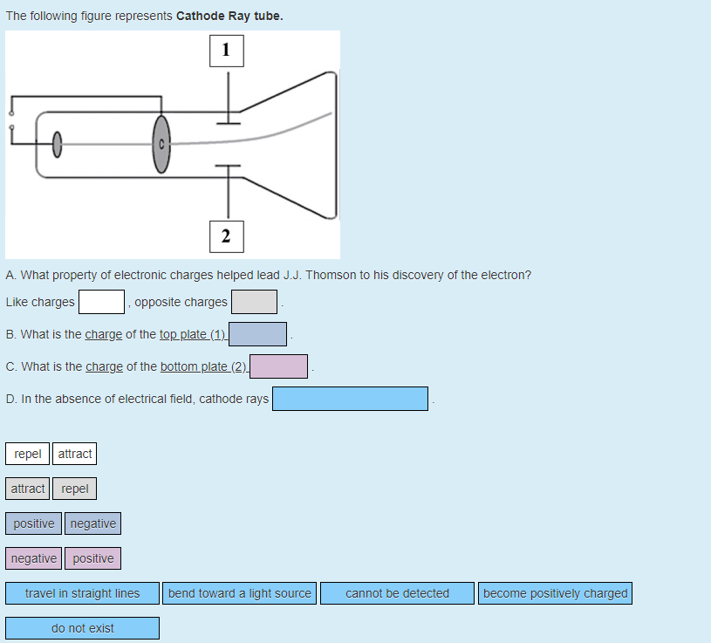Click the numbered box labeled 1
227,51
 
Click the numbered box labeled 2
227,235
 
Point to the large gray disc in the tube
161,144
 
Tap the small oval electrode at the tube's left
58,144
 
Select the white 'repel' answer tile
28,454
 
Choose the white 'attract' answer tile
75,454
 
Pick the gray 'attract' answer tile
28,489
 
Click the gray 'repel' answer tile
75,489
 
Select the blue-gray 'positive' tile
34,523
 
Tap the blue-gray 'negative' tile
92,523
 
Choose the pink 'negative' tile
34,558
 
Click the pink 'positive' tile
93,558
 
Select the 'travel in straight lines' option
82,593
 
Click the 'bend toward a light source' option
239,593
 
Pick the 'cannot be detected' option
397,593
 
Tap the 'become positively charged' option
555,593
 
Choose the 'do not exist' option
82,628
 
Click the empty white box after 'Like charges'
101,302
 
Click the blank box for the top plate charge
257,334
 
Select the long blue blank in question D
350,399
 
